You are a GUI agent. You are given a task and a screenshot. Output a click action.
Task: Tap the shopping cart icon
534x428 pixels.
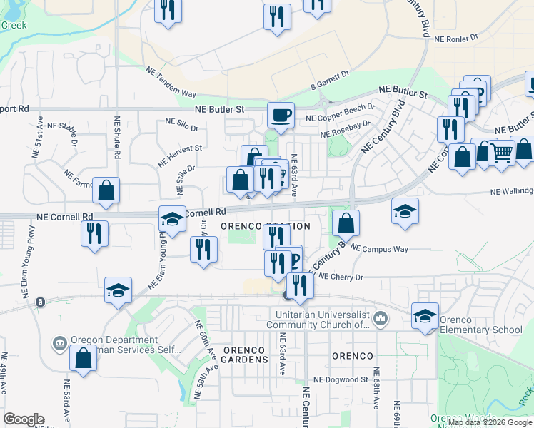pyautogui.click(x=501, y=153)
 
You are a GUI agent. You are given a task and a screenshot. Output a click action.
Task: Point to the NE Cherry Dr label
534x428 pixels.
pyautogui.click(x=341, y=276)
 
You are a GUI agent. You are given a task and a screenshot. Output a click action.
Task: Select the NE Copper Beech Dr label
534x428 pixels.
pyautogui.click(x=340, y=113)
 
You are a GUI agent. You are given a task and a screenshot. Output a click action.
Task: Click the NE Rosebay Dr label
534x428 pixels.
pyautogui.click(x=346, y=128)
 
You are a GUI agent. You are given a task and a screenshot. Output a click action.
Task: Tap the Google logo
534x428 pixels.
pyautogui.click(x=24, y=419)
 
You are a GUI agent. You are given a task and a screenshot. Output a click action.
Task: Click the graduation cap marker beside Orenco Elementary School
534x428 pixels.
pyautogui.click(x=425, y=316)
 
